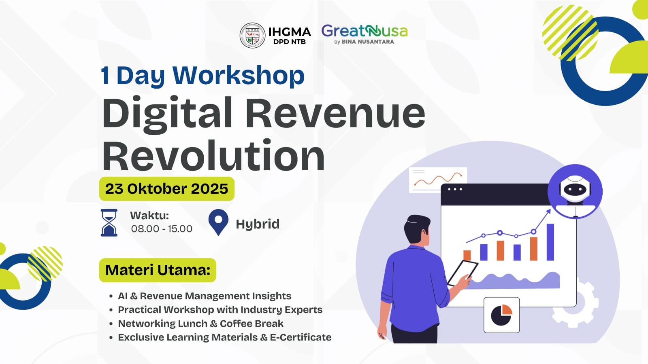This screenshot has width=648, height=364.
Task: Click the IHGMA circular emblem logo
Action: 252,35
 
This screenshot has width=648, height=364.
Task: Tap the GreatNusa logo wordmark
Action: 364,31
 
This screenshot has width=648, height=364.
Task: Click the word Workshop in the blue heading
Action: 239,76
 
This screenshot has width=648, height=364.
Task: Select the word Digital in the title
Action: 167,114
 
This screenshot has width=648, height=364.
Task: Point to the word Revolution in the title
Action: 213,156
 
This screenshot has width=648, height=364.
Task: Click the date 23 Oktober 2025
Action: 166,189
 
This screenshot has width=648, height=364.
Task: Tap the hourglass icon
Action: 109,223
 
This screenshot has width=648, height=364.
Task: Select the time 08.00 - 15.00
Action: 162,229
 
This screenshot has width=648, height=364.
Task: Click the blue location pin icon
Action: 218,222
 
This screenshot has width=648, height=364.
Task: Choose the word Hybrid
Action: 258,224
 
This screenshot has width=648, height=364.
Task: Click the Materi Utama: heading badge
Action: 158,270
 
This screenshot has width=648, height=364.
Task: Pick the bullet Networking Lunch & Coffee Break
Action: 201,324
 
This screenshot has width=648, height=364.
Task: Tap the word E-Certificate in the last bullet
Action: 301,337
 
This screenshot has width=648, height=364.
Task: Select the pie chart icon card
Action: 502,315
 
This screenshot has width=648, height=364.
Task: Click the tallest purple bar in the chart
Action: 550,242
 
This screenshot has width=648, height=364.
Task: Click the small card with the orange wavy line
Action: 438,180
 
